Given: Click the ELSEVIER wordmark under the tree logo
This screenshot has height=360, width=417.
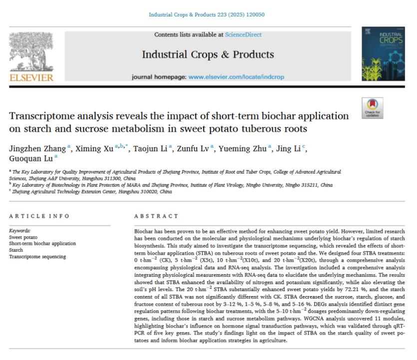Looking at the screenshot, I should (31, 78).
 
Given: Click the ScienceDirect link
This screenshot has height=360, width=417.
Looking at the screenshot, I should (243, 34).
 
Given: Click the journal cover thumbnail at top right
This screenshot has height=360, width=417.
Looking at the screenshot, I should (385, 54).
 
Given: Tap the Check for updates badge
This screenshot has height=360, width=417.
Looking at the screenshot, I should (372, 107).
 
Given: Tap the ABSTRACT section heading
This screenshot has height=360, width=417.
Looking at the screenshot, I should (156, 216).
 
